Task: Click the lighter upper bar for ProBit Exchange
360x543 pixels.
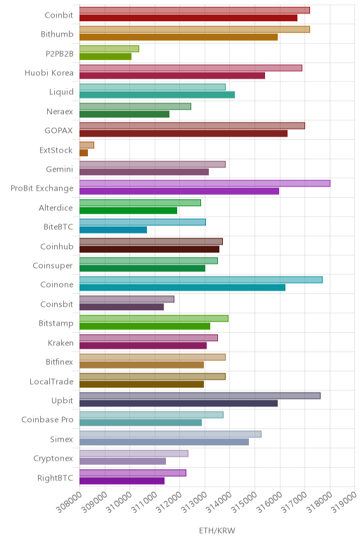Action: (205, 184)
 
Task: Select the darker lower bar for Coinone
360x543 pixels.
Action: (182, 288)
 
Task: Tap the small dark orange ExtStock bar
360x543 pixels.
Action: (84, 153)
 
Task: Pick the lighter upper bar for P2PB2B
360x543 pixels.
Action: (109, 49)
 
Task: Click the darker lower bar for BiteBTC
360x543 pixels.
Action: (113, 229)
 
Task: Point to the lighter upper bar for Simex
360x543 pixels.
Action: (170, 434)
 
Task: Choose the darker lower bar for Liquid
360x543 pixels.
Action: (157, 94)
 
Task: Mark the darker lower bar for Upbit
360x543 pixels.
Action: (179, 403)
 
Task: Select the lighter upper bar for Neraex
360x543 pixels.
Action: (135, 106)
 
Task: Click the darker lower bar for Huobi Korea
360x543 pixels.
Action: (172, 75)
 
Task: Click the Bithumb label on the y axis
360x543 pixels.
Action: (57, 34)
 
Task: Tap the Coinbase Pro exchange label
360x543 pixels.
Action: (47, 419)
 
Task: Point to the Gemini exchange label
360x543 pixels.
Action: (60, 169)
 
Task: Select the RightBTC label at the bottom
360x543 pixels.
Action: (56, 478)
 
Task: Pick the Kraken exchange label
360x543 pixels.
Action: (60, 343)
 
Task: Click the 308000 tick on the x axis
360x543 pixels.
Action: (69, 502)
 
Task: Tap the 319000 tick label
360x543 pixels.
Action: (344, 502)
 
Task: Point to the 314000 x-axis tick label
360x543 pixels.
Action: (219, 502)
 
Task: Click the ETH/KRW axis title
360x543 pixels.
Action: (217, 530)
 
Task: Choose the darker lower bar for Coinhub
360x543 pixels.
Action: (149, 249)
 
